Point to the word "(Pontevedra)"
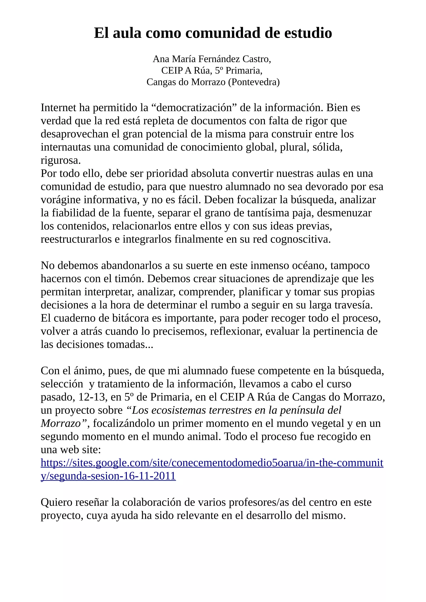(254, 82)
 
